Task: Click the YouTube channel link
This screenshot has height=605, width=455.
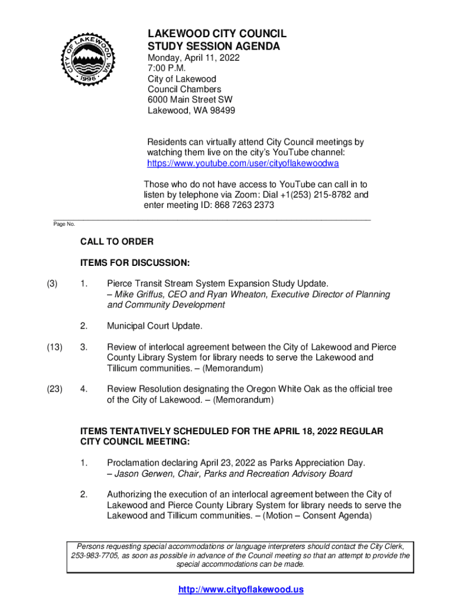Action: tap(242, 163)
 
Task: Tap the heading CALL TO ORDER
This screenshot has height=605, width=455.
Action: tap(117, 242)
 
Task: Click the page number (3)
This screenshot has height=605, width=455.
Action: tap(52, 284)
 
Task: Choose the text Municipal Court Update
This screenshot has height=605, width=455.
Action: tap(155, 326)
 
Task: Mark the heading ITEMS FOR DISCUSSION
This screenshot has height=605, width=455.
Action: tap(135, 262)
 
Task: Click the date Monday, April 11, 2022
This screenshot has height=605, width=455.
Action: tap(194, 58)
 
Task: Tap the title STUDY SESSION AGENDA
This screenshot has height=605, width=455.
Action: tap(213, 46)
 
